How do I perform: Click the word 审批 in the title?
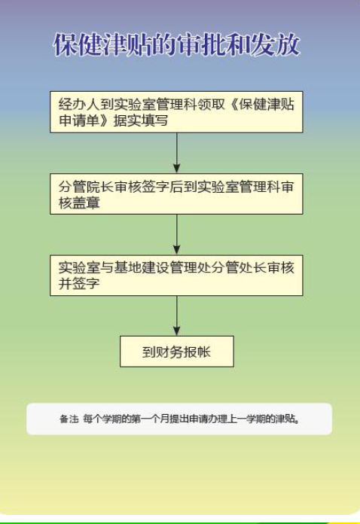[x=201, y=44]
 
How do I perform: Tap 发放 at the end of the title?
[x=275, y=44]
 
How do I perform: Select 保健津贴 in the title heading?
[x=103, y=44]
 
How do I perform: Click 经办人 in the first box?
[x=79, y=105]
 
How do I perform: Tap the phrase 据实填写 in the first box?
[x=141, y=120]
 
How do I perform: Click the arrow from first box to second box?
[x=177, y=152]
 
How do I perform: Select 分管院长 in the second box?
[x=87, y=187]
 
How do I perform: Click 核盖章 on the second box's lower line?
[x=79, y=203]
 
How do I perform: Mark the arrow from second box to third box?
[x=177, y=234]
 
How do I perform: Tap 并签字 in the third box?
[x=79, y=284]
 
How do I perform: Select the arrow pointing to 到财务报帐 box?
[x=177, y=315]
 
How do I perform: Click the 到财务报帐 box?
[x=177, y=352]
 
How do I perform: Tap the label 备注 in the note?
[x=69, y=419]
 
